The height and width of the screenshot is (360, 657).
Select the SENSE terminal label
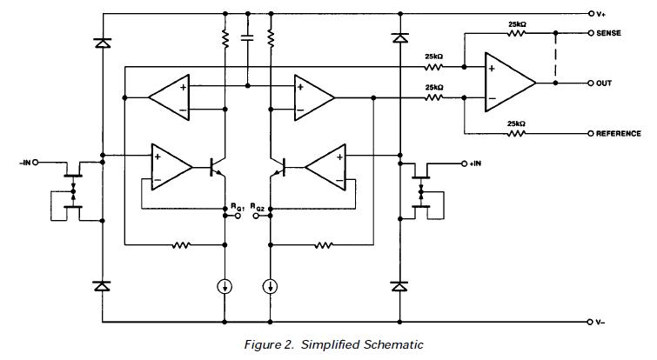click(x=614, y=33)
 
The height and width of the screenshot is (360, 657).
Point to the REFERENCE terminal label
click(x=619, y=133)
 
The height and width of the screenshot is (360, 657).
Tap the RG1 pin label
click(x=236, y=208)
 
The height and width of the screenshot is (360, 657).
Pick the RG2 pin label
click(x=258, y=208)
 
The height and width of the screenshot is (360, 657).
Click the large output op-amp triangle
click(x=510, y=83)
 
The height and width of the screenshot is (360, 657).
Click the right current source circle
click(x=271, y=284)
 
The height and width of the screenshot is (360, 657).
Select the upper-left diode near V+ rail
click(x=103, y=41)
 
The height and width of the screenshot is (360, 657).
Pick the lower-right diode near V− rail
click(x=400, y=285)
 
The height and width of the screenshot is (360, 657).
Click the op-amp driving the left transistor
click(x=170, y=164)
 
